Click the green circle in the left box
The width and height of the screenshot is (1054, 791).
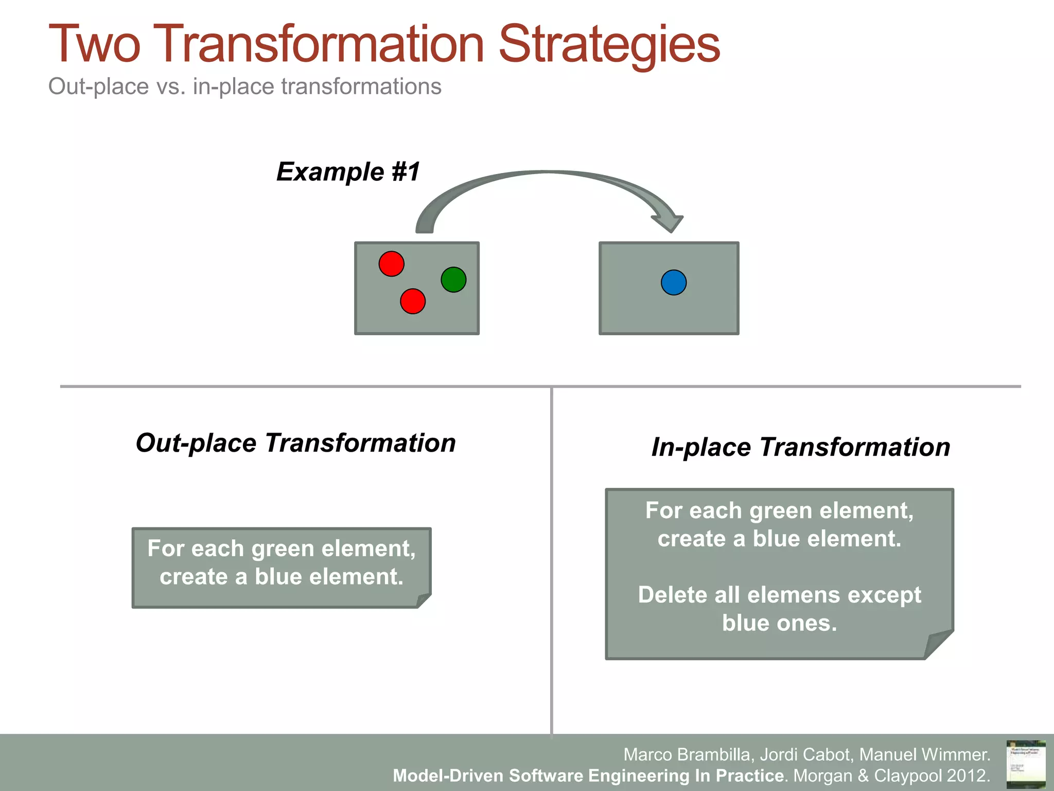tap(453, 280)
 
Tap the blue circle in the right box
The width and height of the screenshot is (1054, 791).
tap(673, 282)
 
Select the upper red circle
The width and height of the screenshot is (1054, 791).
tap(391, 264)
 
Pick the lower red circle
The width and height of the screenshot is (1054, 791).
tap(413, 301)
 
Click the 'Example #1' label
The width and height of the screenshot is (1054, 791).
tap(348, 171)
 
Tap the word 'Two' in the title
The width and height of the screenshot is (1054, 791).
tap(94, 45)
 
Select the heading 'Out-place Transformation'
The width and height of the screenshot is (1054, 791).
tap(295, 443)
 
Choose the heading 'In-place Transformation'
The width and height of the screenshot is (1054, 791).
tap(800, 447)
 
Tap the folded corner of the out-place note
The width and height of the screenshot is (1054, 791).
tap(423, 600)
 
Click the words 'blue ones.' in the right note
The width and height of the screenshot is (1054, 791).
tap(779, 623)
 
